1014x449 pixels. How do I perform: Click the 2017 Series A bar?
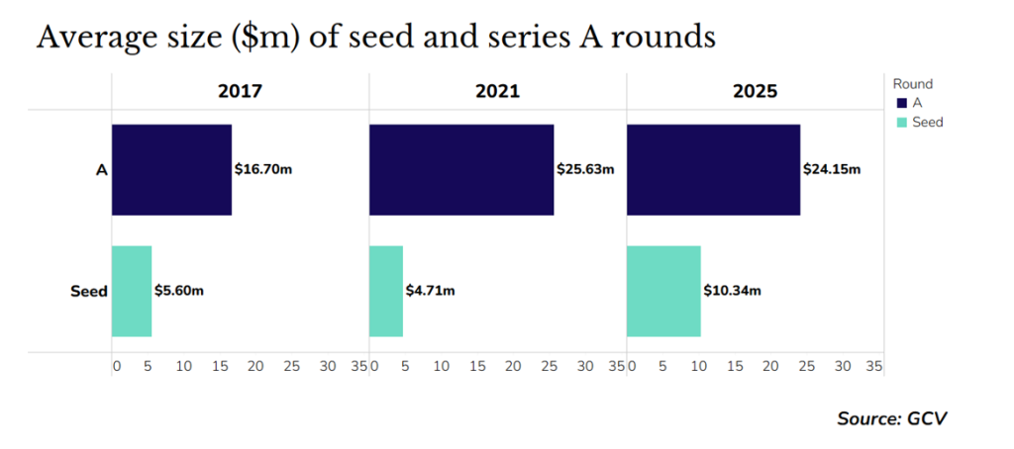coord(171,170)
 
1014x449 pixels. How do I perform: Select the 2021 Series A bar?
coord(460,170)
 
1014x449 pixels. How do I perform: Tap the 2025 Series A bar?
coord(713,170)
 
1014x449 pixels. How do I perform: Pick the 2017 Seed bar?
coord(132,291)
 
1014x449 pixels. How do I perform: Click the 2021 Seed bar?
coord(386,291)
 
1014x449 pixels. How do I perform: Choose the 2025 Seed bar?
coord(663,291)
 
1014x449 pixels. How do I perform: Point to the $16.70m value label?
coord(263,169)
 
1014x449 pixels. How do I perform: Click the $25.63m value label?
coord(585,169)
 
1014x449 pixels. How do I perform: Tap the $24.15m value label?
coord(832,169)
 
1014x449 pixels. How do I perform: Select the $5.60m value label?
coord(180,291)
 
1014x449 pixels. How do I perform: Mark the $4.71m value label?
coord(431,291)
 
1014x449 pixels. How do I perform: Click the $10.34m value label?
coord(733,291)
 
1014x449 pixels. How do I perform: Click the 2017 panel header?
coord(240,92)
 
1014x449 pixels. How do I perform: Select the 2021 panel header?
coord(497,92)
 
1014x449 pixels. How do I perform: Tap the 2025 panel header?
coord(755,92)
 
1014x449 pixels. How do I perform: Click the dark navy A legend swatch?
coord(901,103)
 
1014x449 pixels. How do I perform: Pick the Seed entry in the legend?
coord(927,122)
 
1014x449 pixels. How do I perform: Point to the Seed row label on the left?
coord(88,292)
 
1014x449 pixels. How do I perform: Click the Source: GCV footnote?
coord(891,418)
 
